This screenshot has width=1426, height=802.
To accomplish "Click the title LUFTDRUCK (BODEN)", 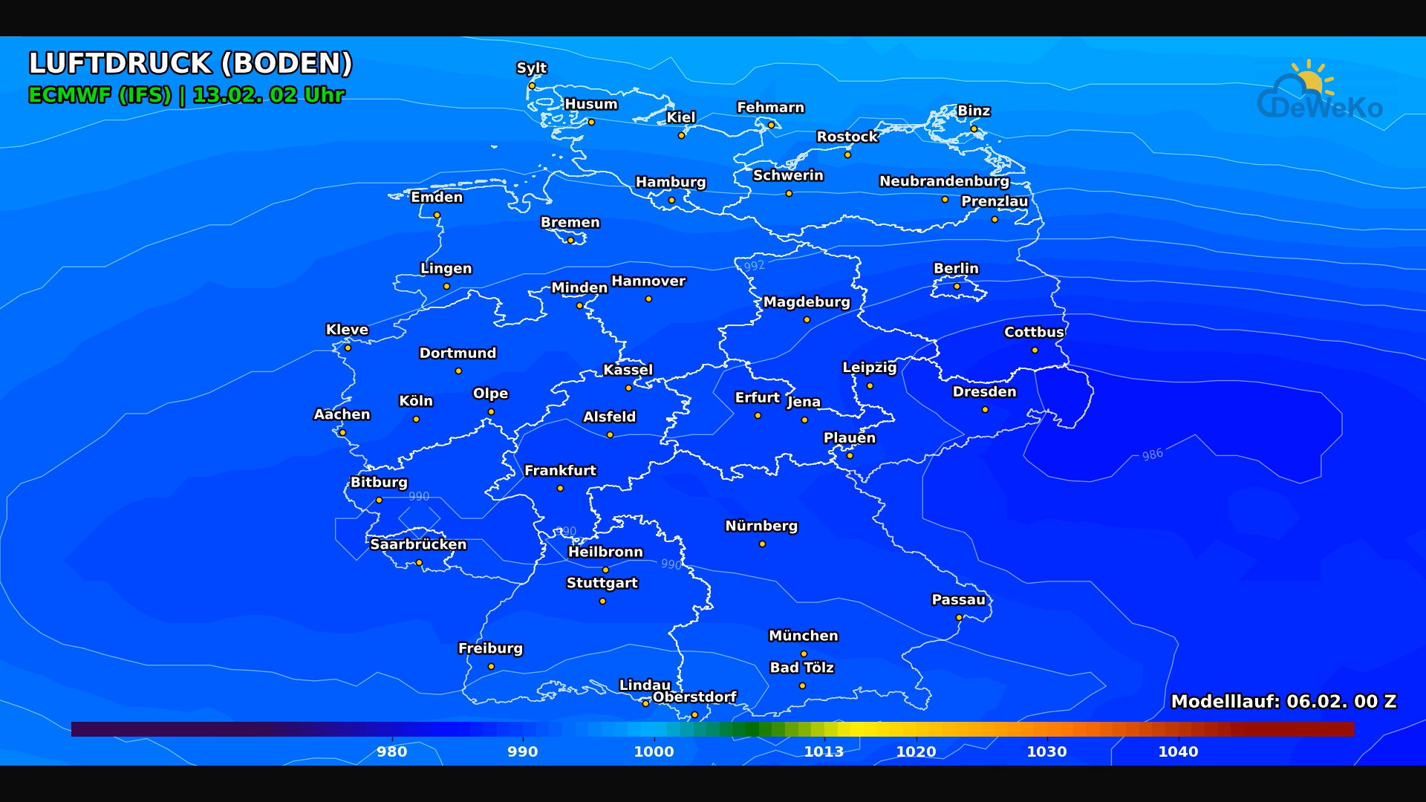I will pos(190,64).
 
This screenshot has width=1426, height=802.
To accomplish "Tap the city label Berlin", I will pos(956,268).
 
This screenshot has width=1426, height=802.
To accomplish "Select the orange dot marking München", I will pos(804,653).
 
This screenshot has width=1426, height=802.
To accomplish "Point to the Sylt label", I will pos(531,68).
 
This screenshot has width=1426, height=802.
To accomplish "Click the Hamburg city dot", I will pos(671,200).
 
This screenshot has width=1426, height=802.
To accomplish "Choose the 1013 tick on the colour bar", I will pos(824,752).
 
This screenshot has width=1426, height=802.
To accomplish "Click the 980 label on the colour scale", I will pos(391,752).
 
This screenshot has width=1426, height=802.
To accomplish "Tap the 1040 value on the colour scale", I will pos(1178,752).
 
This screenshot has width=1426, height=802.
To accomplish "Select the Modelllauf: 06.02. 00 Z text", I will pos(1283,701).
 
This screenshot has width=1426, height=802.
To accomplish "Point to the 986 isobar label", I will pos(1153,454).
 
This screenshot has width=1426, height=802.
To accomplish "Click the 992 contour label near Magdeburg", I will pos(754,266).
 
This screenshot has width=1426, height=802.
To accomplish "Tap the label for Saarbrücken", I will pos(418,544).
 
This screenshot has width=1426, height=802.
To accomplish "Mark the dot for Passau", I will pos(959,617).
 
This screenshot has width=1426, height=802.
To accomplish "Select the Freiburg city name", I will pos(490,648).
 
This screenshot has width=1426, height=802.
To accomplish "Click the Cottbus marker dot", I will pos(1035,350).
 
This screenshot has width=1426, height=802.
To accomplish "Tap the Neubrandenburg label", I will pos(944,181).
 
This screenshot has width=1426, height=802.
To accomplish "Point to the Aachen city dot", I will pos(342,432).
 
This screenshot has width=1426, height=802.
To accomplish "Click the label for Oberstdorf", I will pos(694,697).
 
